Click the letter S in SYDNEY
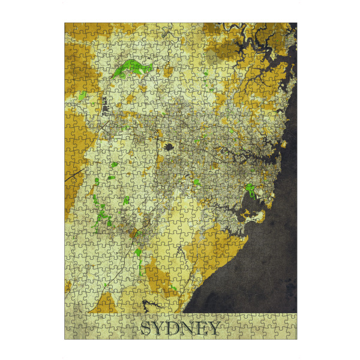[146, 328]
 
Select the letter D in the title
[175, 328]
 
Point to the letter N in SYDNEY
[190, 328]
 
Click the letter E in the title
[203, 328]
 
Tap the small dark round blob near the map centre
[169, 146]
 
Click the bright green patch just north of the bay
[250, 191]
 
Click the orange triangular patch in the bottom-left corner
[104, 303]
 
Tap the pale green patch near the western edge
[82, 96]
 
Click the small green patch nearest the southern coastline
[174, 288]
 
